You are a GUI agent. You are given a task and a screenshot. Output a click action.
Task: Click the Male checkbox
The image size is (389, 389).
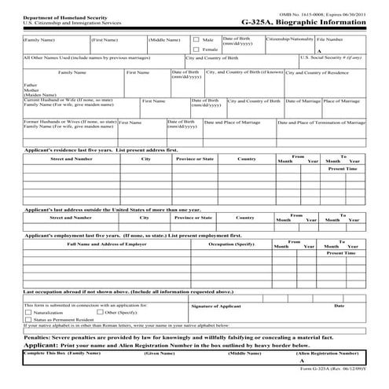pyautogui.click(x=196, y=39)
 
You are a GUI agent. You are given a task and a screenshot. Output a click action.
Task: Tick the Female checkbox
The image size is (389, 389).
pyautogui.click(x=196, y=50)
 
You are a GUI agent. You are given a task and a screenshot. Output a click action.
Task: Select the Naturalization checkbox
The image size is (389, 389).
pyautogui.click(x=28, y=313)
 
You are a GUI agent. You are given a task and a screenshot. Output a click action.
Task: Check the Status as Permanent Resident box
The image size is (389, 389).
pyautogui.click(x=28, y=320)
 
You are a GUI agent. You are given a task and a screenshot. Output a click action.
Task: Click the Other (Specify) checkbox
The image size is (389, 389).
pyautogui.click(x=88, y=313)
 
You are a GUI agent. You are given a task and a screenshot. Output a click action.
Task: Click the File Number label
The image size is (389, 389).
pyautogui.click(x=330, y=38)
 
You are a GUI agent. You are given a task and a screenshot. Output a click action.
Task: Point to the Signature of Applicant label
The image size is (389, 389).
pyautogui.click(x=216, y=305)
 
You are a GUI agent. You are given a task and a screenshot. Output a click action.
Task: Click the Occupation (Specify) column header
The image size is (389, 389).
pyautogui.click(x=231, y=244)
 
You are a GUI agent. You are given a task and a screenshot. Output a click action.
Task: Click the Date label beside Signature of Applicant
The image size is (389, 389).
pyautogui.click(x=339, y=305)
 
